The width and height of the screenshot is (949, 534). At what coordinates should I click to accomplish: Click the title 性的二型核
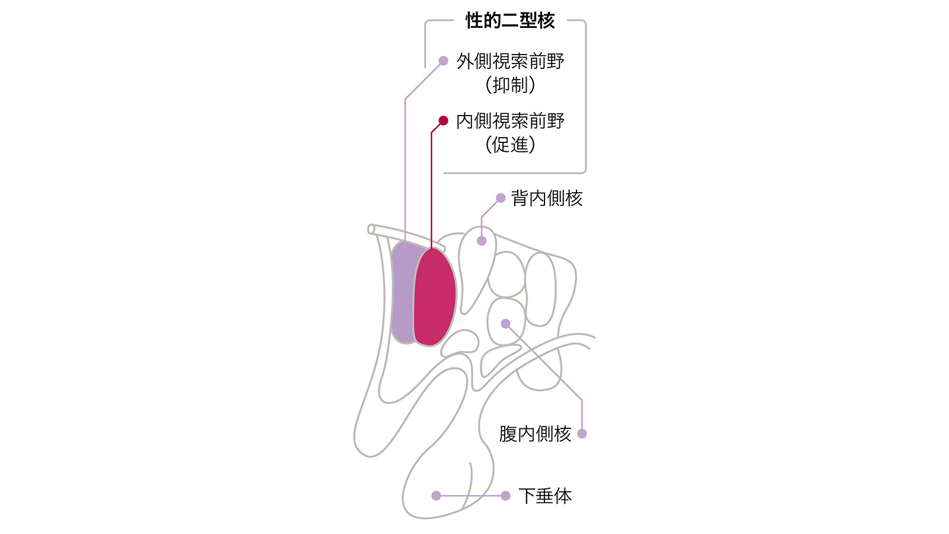click(510, 20)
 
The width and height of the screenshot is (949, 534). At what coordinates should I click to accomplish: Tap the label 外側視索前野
click(510, 62)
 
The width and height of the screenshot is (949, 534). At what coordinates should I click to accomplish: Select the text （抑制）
click(510, 85)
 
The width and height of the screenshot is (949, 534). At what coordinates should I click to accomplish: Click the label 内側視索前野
click(510, 121)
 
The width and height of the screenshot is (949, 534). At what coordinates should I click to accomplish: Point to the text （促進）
click(510, 145)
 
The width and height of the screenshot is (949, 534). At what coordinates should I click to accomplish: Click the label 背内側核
click(546, 198)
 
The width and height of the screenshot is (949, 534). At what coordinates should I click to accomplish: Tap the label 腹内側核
click(535, 434)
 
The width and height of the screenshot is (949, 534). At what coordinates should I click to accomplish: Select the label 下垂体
click(545, 496)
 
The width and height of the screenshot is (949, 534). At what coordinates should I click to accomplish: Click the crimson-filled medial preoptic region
click(435, 297)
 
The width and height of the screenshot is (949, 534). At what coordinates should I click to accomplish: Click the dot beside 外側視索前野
click(443, 61)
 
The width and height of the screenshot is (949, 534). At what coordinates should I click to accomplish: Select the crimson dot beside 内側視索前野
click(443, 121)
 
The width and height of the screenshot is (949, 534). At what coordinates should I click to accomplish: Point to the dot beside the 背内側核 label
click(501, 198)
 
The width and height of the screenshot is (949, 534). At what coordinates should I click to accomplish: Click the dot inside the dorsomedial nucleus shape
click(482, 241)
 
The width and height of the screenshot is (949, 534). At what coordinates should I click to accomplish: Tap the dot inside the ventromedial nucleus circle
click(505, 324)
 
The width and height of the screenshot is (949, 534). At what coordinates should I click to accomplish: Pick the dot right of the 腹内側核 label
click(582, 434)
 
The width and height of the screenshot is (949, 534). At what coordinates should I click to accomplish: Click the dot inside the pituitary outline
click(437, 496)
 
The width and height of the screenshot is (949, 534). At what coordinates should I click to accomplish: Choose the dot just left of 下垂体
click(505, 496)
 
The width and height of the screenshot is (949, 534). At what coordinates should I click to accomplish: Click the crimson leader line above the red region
click(432, 186)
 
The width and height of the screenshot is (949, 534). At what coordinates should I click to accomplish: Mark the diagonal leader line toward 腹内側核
click(544, 362)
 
